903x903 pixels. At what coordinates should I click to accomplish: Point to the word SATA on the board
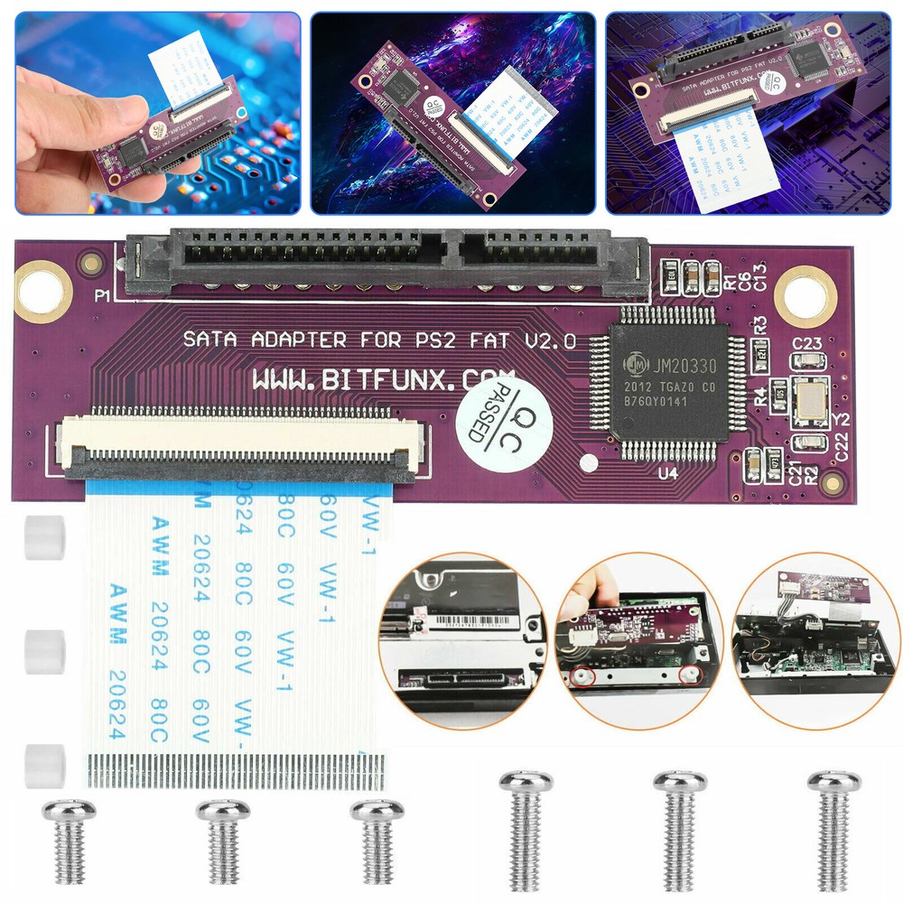(210, 340)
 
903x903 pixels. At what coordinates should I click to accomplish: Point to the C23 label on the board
(806, 343)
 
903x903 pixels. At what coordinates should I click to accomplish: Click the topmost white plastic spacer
(45, 537)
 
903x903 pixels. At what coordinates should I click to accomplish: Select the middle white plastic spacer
(45, 653)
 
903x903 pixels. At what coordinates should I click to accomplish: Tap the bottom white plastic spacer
(45, 764)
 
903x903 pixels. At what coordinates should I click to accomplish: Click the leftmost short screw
(70, 841)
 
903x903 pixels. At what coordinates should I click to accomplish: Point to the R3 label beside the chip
(760, 322)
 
